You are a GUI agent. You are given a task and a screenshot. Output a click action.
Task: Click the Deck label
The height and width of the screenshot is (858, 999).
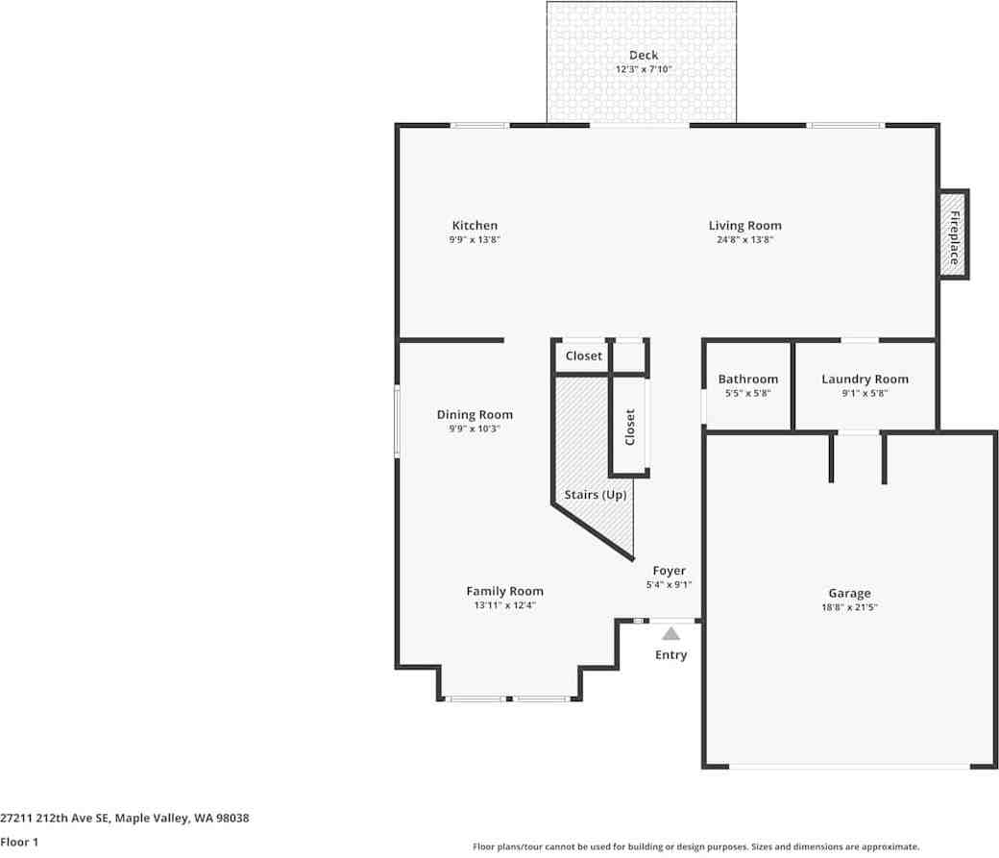pos(644,56)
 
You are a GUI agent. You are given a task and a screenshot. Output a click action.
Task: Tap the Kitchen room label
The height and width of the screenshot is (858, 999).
pos(475,226)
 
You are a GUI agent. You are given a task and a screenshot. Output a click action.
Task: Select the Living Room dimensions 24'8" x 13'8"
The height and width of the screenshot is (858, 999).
pos(744,239)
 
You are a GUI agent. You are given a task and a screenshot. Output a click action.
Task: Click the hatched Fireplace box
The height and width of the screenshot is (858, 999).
pos(953,234)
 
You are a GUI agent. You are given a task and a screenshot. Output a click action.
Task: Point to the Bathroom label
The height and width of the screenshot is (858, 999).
pos(748,380)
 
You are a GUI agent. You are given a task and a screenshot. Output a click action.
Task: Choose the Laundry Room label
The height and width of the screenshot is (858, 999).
pos(865,380)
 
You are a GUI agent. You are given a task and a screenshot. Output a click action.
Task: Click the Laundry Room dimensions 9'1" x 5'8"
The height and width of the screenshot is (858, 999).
pos(865,393)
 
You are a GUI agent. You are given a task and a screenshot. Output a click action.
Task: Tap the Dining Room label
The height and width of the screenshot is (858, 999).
pos(475,415)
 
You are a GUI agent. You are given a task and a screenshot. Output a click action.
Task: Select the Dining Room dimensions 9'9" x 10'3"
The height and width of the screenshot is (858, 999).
pos(475,429)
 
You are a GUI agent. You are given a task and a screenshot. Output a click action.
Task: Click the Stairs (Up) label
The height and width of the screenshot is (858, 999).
pos(596,495)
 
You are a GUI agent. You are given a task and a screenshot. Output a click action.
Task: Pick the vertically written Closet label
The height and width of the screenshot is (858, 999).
pos(630,428)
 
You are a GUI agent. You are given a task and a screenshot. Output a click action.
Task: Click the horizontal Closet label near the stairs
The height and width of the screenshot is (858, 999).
pos(584,355)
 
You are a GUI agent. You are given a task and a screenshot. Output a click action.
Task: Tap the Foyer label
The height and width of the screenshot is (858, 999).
pos(669,571)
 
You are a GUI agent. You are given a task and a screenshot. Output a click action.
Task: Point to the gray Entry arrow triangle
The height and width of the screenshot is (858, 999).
pos(670,634)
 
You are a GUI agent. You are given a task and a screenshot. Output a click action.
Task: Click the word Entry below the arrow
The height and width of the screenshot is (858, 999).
pos(670,655)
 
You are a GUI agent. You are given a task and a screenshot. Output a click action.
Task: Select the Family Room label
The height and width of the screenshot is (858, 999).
pos(504,592)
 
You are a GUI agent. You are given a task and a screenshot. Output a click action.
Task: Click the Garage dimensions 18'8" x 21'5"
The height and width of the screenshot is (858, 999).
pos(849,607)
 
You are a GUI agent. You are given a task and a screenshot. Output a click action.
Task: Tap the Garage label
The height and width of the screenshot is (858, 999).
pos(849,594)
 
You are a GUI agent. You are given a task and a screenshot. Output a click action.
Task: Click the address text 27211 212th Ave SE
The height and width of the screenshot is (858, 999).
pos(55,818)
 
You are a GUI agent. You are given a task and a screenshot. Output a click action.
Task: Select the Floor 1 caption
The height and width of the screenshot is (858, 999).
pos(19,842)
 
